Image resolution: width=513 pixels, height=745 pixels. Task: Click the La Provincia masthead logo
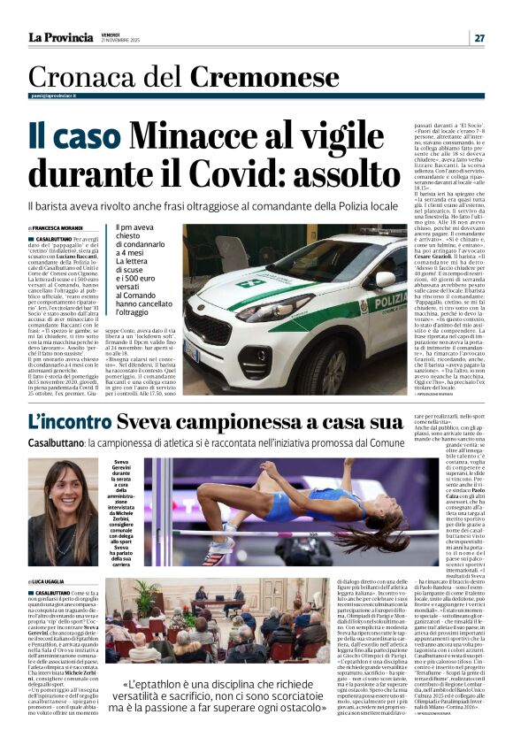60,37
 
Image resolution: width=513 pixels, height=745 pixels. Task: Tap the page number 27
479,37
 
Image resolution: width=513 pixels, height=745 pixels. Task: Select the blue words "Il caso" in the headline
73,136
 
